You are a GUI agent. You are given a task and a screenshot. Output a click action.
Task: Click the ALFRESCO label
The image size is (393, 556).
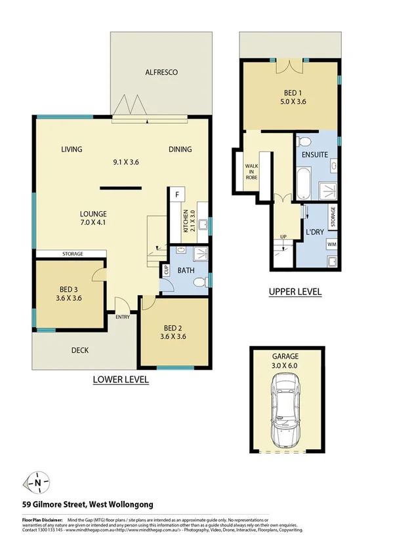162,72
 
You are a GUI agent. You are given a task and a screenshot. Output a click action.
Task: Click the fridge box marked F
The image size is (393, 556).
176,195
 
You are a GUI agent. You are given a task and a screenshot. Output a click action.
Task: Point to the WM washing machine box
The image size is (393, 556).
333,243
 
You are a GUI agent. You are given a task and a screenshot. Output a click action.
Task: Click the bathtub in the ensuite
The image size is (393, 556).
302,185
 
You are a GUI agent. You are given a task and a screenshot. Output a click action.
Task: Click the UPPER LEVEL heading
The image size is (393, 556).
296,292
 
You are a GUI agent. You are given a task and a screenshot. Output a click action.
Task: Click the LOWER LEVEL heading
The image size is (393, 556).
121,380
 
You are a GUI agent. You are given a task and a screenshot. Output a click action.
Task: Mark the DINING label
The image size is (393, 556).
180,149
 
